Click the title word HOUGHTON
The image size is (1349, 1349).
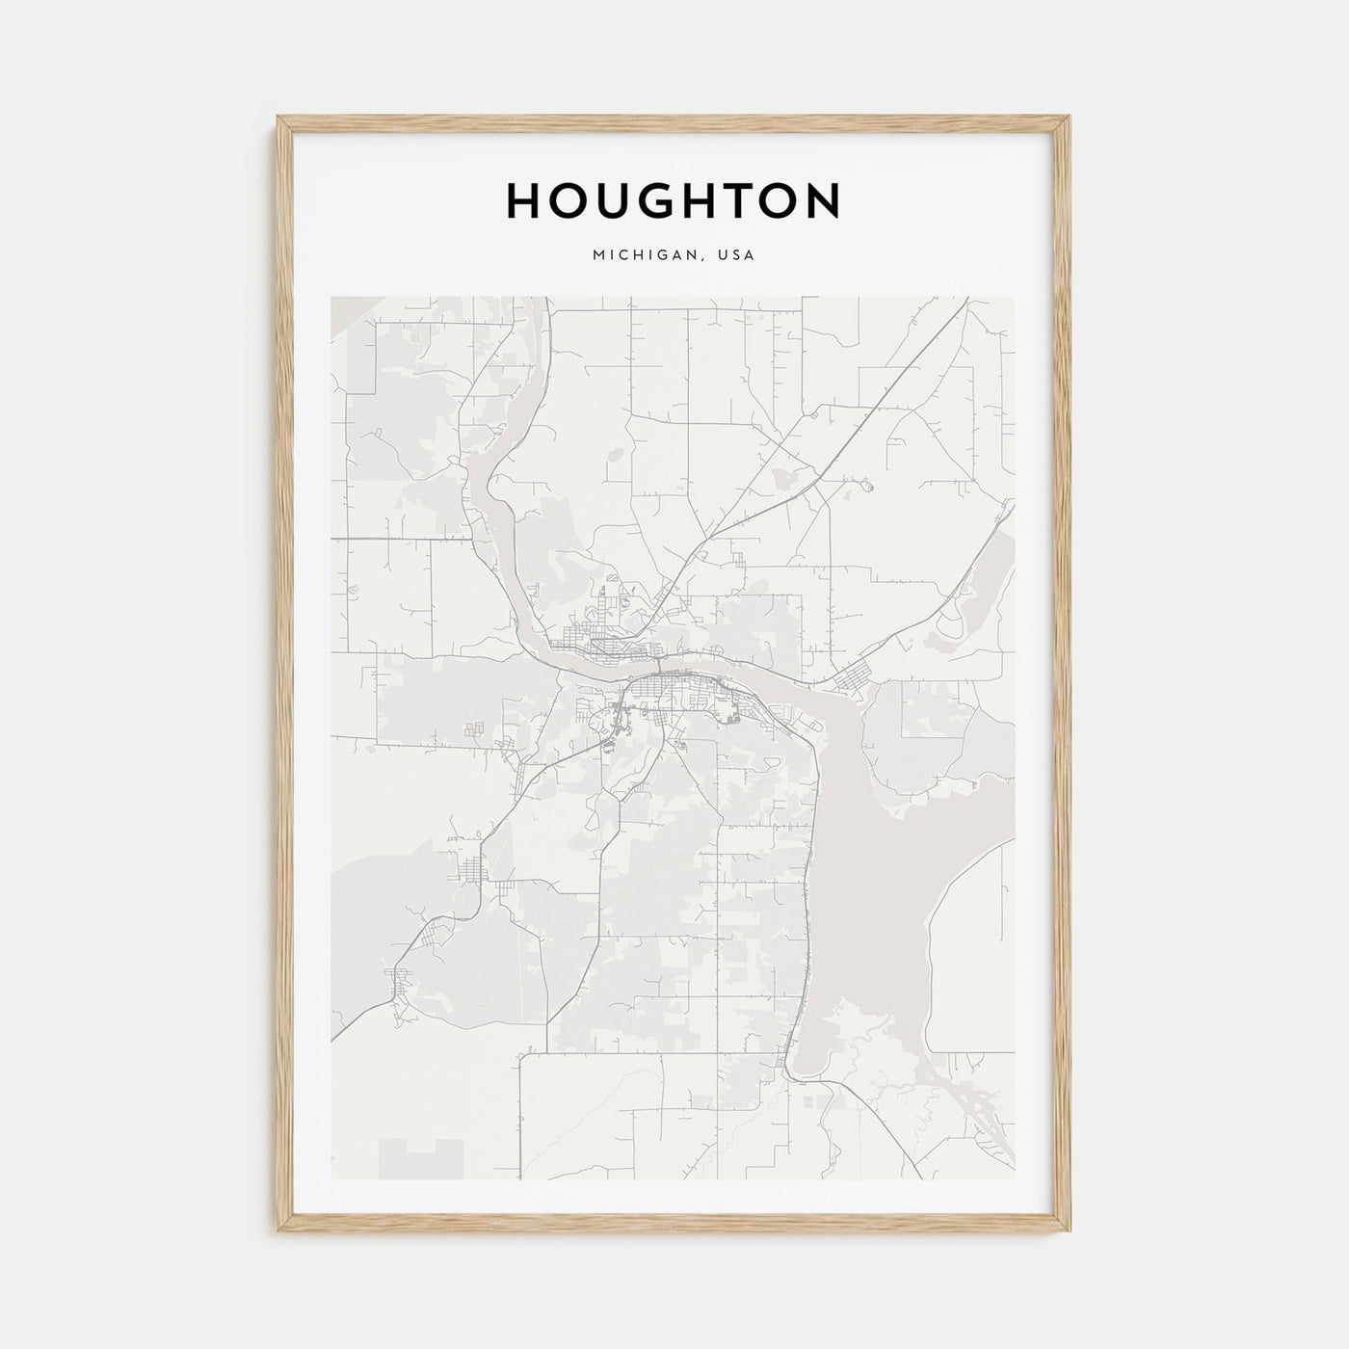click(x=674, y=200)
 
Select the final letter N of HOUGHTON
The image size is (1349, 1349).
click(x=823, y=200)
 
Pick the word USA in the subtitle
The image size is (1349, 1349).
click(x=737, y=256)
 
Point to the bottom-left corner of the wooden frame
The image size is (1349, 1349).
click(x=279, y=1232)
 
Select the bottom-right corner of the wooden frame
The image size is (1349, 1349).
click(x=1070, y=1232)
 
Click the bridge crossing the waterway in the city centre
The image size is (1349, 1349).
click(x=656, y=665)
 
